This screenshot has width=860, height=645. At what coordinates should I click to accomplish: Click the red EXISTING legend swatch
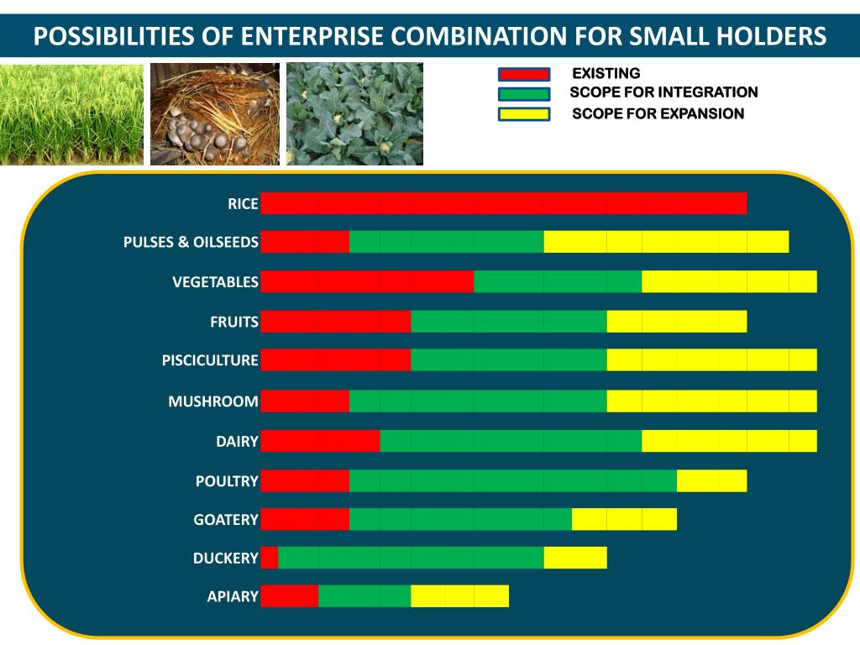(x=524, y=75)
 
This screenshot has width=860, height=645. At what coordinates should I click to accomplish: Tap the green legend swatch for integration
(x=524, y=94)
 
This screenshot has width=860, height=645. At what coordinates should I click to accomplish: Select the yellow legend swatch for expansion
(x=524, y=114)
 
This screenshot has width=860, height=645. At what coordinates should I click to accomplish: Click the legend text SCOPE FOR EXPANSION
(x=658, y=113)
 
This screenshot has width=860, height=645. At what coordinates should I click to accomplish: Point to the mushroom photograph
(x=215, y=114)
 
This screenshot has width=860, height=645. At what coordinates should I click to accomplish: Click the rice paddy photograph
(x=71, y=114)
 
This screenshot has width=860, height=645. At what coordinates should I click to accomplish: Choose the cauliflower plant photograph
(x=354, y=114)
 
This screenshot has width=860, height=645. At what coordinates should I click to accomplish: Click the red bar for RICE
(x=503, y=203)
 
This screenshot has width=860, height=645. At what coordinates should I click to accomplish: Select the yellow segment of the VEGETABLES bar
(x=729, y=282)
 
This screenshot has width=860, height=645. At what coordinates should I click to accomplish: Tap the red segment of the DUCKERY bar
(x=269, y=558)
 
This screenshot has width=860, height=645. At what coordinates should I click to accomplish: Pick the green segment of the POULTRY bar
(x=512, y=480)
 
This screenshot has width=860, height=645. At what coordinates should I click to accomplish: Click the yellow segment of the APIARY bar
(x=459, y=596)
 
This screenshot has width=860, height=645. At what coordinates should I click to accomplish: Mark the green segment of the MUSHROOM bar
(x=478, y=401)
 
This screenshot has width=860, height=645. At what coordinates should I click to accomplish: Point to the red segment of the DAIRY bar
(x=320, y=441)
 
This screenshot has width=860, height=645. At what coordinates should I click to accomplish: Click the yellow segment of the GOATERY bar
(x=624, y=519)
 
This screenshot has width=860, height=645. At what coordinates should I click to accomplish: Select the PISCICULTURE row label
(x=210, y=360)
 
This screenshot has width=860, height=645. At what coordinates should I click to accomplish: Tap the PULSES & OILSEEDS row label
(x=191, y=243)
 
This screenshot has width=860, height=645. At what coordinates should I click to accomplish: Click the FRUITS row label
(x=234, y=322)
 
